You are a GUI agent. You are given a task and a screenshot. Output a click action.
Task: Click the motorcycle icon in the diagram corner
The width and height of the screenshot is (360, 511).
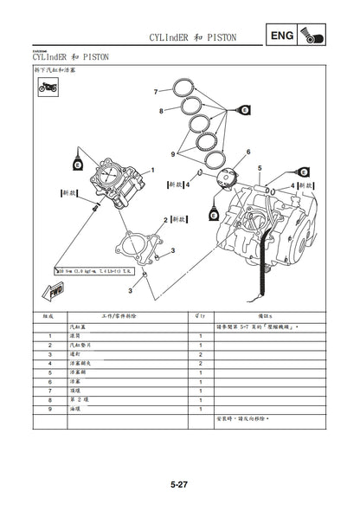[x=45, y=88]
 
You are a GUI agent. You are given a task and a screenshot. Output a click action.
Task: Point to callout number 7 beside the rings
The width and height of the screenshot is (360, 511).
[x=156, y=90]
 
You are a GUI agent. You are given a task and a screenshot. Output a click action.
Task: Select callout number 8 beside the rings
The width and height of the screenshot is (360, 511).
[x=161, y=111]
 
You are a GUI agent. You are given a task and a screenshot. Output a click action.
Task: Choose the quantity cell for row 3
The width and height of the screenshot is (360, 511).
[x=200, y=354]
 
